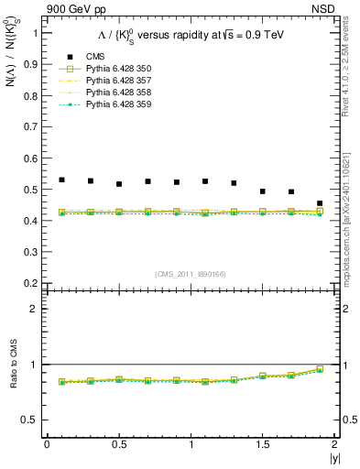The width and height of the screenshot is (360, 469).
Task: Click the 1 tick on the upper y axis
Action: [37, 33]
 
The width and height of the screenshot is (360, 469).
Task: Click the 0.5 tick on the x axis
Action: [118, 443]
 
